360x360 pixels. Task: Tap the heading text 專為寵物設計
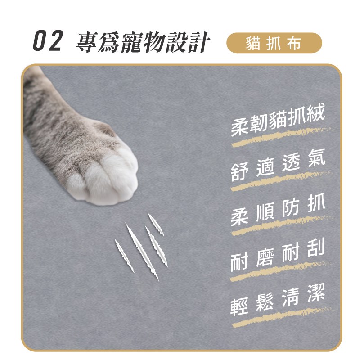142,42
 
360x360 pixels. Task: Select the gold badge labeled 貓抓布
274,43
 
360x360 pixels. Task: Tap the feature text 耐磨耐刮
278,254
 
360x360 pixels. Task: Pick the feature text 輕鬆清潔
278,299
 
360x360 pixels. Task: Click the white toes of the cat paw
106,177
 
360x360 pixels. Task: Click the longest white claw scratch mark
142,252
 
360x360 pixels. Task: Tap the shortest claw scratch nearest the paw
156,224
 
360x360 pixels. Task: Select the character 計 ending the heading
198,42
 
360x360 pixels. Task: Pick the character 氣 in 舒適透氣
316,158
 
